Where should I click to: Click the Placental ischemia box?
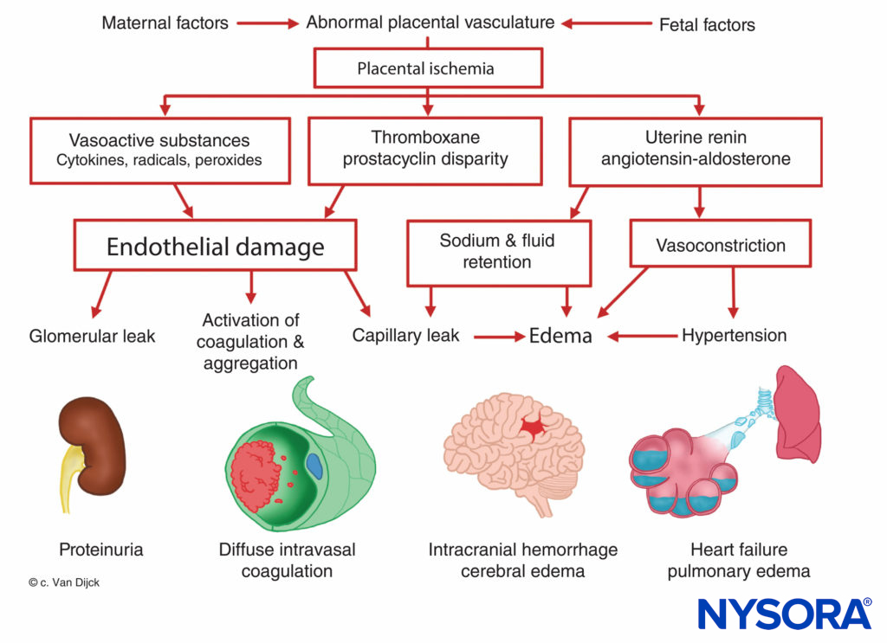click(x=425, y=68)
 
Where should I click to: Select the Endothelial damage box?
click(x=215, y=247)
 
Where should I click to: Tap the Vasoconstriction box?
click(x=720, y=246)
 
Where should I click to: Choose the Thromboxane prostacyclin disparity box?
click(x=424, y=149)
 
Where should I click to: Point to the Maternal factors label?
click(x=165, y=23)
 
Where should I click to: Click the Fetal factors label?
click(x=707, y=25)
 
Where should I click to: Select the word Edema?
click(x=560, y=336)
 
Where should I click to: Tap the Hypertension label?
click(x=735, y=335)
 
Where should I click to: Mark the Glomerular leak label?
click(x=92, y=336)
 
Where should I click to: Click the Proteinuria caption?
click(x=100, y=550)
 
